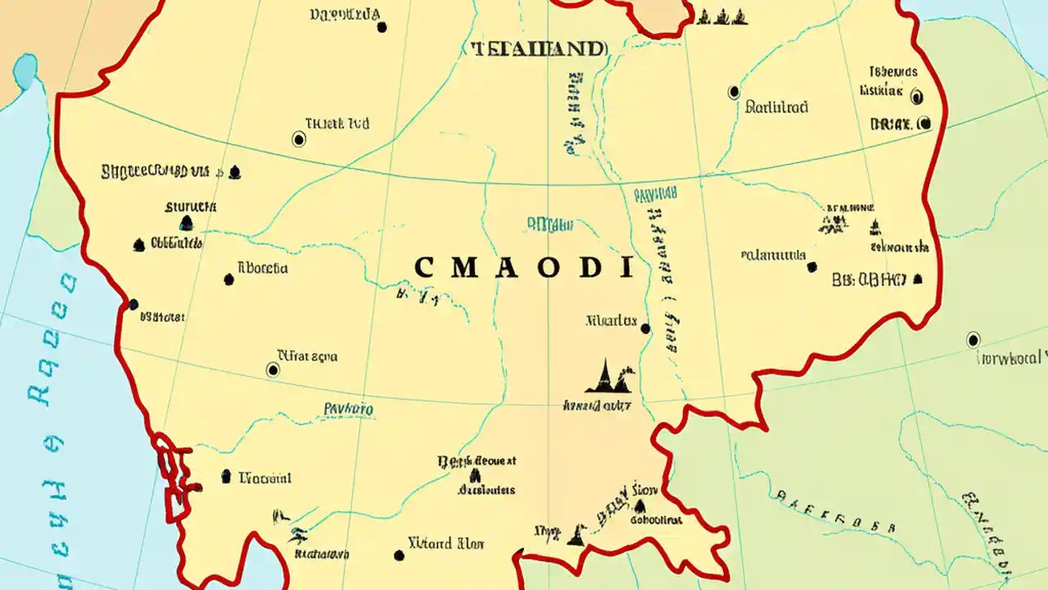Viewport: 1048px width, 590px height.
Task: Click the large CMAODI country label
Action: (x=524, y=267)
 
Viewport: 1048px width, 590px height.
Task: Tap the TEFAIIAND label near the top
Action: (x=539, y=49)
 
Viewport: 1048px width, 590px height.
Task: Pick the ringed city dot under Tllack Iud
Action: (x=299, y=139)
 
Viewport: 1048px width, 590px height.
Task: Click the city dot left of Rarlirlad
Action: (x=734, y=93)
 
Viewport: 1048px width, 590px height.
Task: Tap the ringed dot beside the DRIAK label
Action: (x=924, y=124)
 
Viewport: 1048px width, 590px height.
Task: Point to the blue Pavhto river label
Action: (x=349, y=408)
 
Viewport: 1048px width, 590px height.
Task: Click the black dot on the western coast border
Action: (x=133, y=305)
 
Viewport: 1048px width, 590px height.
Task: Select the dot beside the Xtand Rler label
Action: (x=399, y=555)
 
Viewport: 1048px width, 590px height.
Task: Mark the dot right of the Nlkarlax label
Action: (x=645, y=329)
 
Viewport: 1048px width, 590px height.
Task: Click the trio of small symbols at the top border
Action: (x=721, y=16)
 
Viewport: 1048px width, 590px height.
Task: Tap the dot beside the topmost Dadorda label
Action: (x=382, y=27)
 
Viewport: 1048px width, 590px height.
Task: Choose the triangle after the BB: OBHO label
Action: (x=918, y=279)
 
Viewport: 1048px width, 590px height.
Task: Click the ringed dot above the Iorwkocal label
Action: (x=973, y=339)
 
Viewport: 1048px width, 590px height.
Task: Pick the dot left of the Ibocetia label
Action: (x=228, y=279)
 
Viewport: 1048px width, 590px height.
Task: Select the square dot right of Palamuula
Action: (x=811, y=267)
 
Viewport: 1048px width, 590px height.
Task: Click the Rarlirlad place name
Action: (x=777, y=107)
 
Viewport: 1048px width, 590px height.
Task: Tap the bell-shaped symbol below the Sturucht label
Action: (x=186, y=223)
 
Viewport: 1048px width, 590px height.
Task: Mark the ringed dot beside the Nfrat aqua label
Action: (x=273, y=370)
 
